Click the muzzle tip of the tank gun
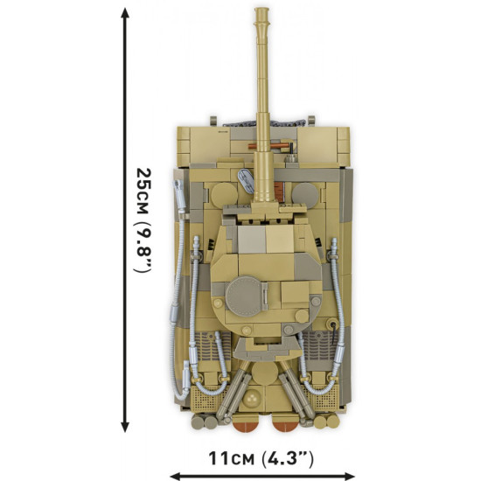pos(261,12)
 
